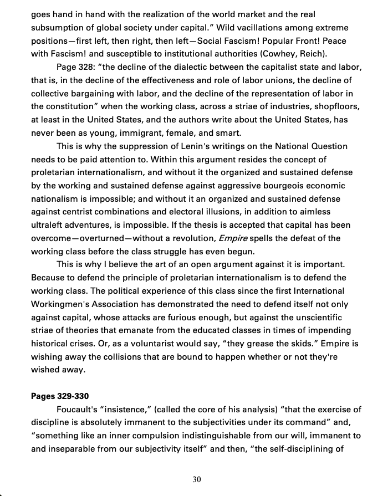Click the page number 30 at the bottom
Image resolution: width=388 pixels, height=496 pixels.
click(197, 479)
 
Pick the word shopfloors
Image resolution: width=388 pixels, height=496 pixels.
click(331, 106)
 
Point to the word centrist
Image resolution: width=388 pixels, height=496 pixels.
click(80, 212)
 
